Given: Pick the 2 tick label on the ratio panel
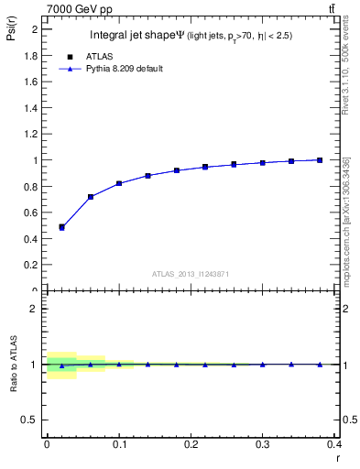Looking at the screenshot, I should coord(36,309).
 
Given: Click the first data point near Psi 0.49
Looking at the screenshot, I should coord(61,227).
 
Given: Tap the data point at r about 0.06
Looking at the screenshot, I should coord(90,197).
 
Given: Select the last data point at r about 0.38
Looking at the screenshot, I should coord(320,160).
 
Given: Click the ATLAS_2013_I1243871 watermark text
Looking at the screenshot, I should coord(191,274).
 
